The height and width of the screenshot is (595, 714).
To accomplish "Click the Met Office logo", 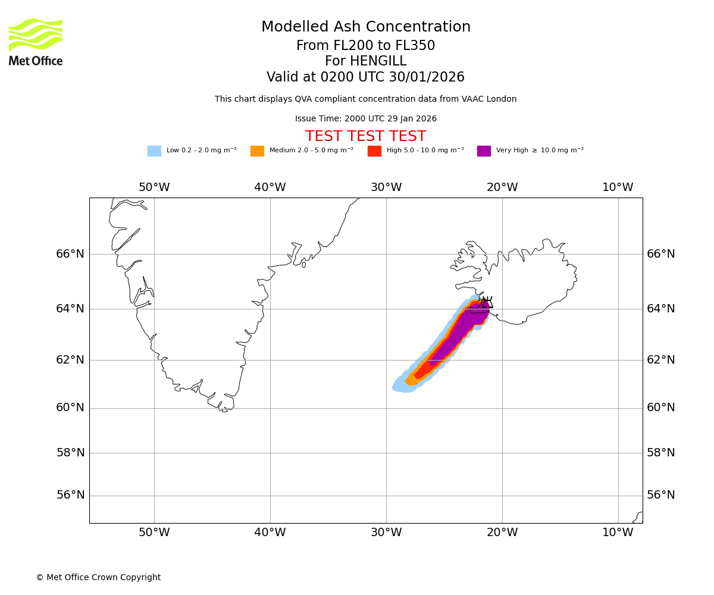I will (x=36, y=42).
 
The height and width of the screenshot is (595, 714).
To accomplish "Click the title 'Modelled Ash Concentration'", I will (x=366, y=27).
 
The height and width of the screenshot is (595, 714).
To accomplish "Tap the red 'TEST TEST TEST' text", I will (x=365, y=136).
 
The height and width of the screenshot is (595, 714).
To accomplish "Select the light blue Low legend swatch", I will (x=154, y=151).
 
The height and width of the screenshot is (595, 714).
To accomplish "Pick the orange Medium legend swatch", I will (x=257, y=151).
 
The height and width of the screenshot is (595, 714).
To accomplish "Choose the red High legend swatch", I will (x=374, y=151).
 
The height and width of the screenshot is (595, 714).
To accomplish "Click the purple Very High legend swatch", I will (x=484, y=151).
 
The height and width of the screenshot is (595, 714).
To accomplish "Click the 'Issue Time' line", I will (x=365, y=119).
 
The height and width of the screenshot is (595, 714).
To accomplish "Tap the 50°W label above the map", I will (x=154, y=187).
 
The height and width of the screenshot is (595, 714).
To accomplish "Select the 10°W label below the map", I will (x=618, y=533).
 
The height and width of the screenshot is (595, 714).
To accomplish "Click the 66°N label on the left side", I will (x=70, y=254).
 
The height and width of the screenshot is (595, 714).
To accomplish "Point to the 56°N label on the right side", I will (x=661, y=495).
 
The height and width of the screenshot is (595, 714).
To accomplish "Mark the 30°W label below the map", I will (x=386, y=533).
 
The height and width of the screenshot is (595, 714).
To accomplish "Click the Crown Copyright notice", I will (x=98, y=577).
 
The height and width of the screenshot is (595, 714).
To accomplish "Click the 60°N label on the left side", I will (x=70, y=408).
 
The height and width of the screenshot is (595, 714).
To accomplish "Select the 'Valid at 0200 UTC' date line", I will (x=365, y=77).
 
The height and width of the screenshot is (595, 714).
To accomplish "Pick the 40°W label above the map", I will (x=270, y=187).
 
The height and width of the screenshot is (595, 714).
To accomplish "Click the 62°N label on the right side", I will (x=661, y=359).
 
